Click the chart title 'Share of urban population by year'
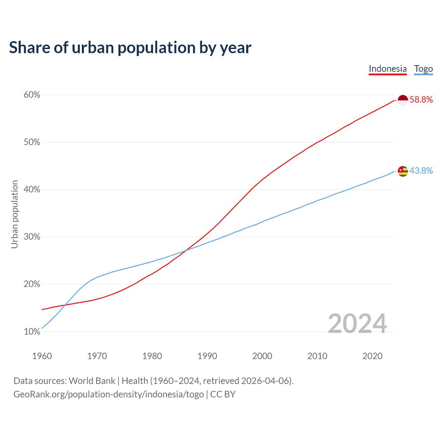130,48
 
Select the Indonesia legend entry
387,69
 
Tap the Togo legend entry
423,69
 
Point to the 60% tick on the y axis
32,95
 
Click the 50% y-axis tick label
32,142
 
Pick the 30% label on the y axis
32,237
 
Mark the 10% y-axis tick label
32,332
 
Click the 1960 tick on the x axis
42,356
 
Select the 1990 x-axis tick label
207,356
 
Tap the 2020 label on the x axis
372,356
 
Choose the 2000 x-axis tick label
262,356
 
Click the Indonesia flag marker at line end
403,100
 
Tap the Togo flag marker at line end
403,171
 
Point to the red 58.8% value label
421,100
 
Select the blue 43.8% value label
421,171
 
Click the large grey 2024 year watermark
357,324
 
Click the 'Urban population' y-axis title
15,214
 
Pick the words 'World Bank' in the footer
92,381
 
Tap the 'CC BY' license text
223,394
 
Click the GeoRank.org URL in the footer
108,394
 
